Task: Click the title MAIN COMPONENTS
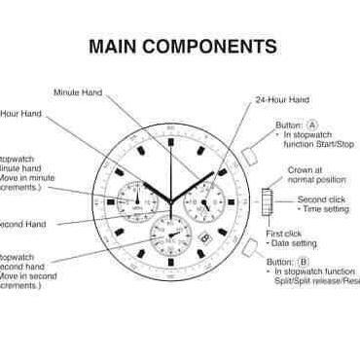(x=182, y=46)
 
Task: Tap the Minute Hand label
(x=78, y=92)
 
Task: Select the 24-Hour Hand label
(x=282, y=99)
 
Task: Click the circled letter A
(x=312, y=126)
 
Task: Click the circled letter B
(x=305, y=261)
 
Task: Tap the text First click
(x=284, y=234)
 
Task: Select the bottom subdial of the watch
(x=169, y=234)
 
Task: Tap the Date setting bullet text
(x=289, y=244)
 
